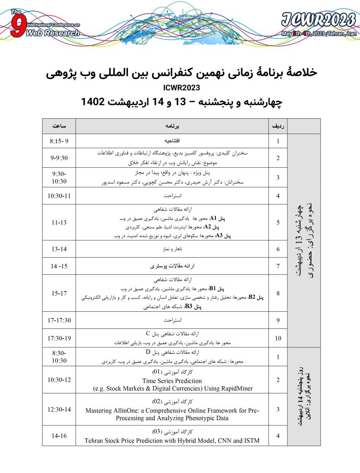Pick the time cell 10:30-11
tap(59, 196)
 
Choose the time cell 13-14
tap(59, 249)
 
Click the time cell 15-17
tap(59, 293)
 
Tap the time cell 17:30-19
tap(59, 338)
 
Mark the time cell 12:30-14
tap(59, 409)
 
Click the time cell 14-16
tap(59, 435)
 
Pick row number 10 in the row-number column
tap(278, 338)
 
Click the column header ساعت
tap(59, 126)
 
